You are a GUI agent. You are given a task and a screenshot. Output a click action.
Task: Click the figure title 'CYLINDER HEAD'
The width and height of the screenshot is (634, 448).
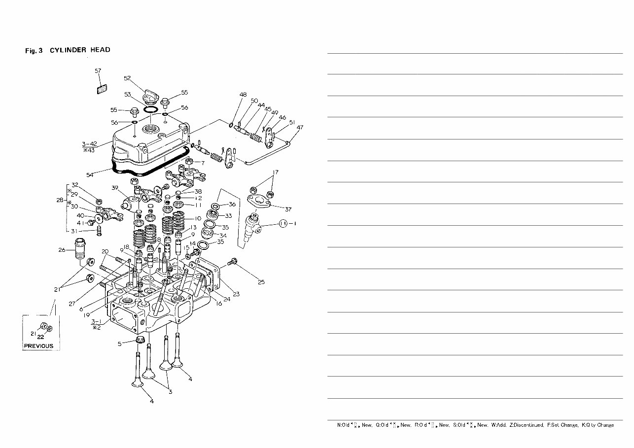tap(80, 50)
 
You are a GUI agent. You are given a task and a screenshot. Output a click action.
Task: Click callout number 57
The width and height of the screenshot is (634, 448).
tap(98, 71)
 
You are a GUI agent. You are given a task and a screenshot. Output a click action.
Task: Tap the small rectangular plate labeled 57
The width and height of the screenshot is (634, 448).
tap(102, 89)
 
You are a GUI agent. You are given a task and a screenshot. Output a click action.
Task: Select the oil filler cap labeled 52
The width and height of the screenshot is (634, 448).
tap(151, 97)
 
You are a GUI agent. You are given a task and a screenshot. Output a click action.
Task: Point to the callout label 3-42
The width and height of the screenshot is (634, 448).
tap(90, 144)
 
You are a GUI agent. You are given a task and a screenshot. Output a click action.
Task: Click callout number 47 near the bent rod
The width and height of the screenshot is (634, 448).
tap(300, 128)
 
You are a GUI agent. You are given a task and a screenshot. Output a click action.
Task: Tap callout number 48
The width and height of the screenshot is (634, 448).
tap(243, 95)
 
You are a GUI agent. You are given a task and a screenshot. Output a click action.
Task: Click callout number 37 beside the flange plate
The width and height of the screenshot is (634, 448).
tap(288, 209)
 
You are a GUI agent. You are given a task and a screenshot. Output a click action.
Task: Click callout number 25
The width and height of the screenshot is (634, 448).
tap(261, 282)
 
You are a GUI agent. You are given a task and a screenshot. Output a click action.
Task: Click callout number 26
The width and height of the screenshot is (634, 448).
tap(62, 250)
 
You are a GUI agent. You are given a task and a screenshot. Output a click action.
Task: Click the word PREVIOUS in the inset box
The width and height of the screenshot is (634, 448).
tap(38, 346)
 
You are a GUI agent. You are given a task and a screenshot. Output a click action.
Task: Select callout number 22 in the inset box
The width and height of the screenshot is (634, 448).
tap(41, 338)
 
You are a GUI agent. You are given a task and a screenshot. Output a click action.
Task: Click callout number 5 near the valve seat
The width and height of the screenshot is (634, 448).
tap(120, 344)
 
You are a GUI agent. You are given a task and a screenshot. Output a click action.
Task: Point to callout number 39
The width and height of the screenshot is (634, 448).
tap(114, 188)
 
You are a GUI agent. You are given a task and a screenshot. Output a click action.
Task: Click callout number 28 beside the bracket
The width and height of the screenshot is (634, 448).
tap(59, 200)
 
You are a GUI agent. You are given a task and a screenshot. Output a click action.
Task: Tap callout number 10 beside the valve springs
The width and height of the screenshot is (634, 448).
tap(198, 218)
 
